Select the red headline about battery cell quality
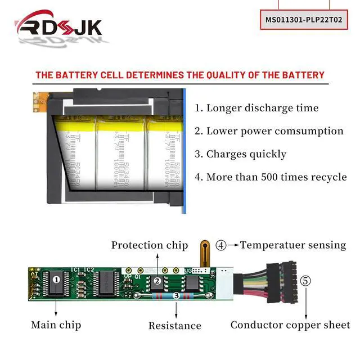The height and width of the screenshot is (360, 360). tap(180, 75)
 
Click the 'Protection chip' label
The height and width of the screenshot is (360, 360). tap(150, 245)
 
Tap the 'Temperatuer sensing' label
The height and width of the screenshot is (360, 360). tap(293, 245)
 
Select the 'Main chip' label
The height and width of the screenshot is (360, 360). tap(56, 325)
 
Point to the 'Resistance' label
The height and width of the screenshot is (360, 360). tap(174, 326)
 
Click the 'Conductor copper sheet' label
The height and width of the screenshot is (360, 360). tap(290, 325)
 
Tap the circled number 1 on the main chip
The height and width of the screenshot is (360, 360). tap(56, 278)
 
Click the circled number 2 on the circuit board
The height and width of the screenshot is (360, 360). tap(158, 280)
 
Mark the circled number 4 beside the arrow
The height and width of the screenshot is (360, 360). tap(221, 245)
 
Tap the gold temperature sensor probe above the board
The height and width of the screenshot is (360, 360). tap(205, 251)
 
